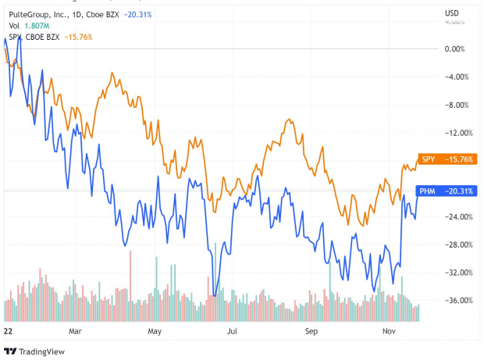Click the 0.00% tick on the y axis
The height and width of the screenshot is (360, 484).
pos(455,48)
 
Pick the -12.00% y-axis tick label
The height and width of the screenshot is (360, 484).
pos(455,133)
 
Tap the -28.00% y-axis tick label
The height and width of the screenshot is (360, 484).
pos(455,244)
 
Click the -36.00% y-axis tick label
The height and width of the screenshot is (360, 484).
pos(455,301)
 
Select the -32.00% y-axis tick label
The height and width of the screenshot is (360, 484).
pos(455,273)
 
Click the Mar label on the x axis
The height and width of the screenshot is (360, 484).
pos(75,331)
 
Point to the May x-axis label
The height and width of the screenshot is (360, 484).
pos(154,331)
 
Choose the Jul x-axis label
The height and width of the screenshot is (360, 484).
pos(232,331)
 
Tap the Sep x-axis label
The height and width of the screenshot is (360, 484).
pos(311,331)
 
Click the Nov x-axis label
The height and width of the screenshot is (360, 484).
pos(391,331)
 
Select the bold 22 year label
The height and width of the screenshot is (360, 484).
pos(9,331)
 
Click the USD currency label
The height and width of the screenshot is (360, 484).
pos(451,13)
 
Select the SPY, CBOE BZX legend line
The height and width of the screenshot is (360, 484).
pos(35,37)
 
